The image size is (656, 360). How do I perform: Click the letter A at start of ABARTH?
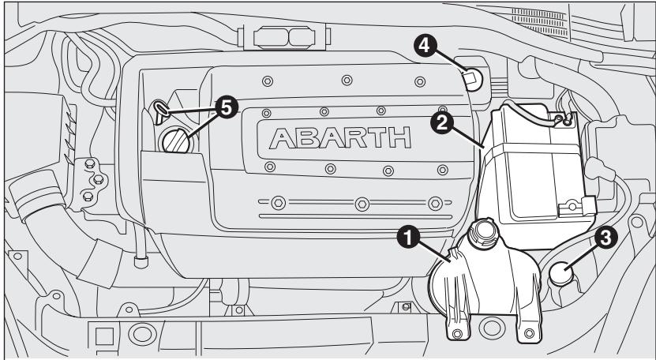[285, 140]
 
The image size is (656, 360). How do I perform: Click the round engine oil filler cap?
[174, 142]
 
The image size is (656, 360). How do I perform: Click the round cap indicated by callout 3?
[562, 274]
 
